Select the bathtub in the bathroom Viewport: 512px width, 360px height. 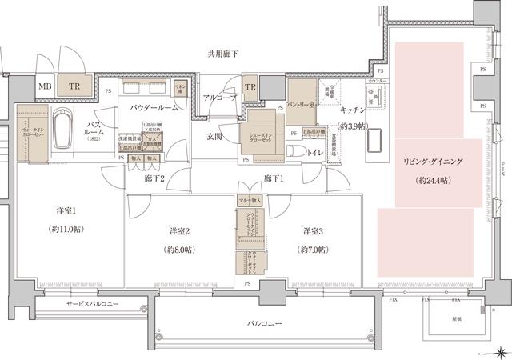pyautogui.click(x=64, y=129)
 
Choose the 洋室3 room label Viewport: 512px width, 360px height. pyautogui.click(x=314, y=231)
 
